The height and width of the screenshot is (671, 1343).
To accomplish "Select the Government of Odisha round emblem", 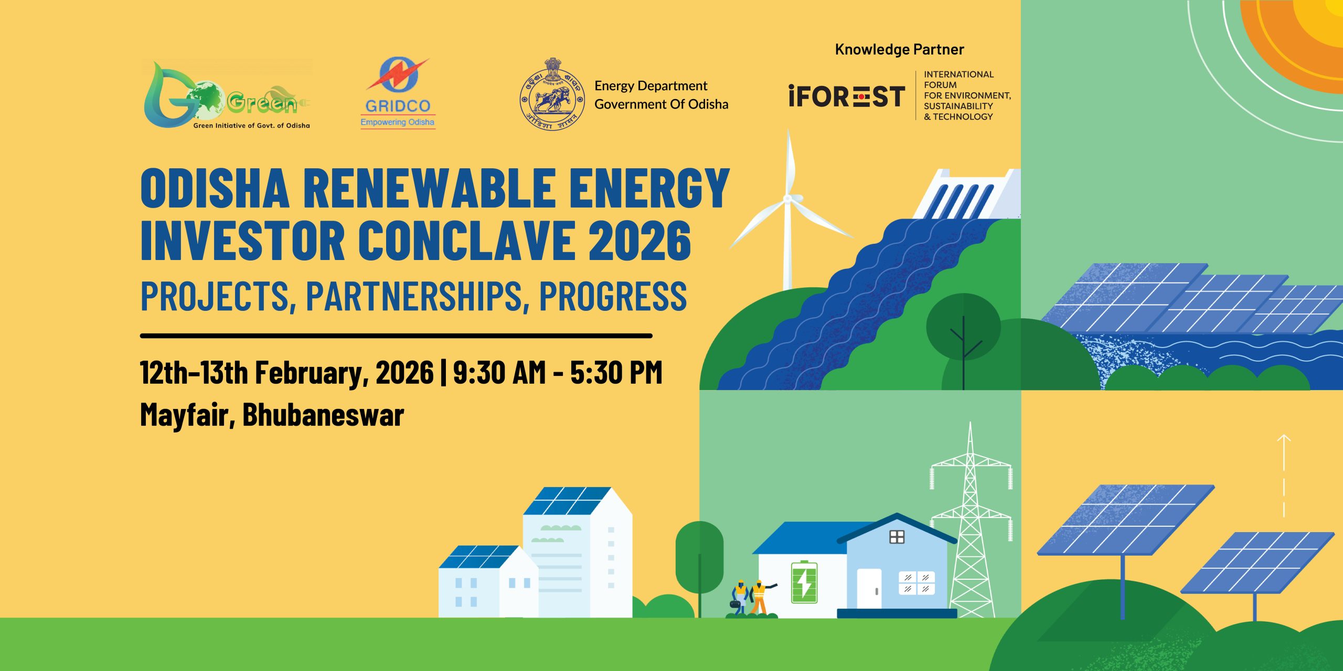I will (552, 94).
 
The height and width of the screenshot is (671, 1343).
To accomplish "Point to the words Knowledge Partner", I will (899, 49).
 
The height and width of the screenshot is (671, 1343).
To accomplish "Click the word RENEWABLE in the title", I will (429, 188).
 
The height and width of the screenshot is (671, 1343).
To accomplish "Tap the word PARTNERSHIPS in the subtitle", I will (414, 296).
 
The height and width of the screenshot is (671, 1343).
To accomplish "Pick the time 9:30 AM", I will (499, 373).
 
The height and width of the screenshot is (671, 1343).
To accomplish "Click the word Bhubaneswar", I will (323, 415).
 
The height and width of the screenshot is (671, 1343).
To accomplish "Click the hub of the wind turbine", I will (787, 199).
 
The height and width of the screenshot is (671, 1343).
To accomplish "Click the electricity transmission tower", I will (971, 524).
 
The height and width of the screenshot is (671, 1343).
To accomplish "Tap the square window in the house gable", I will (897, 537).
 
